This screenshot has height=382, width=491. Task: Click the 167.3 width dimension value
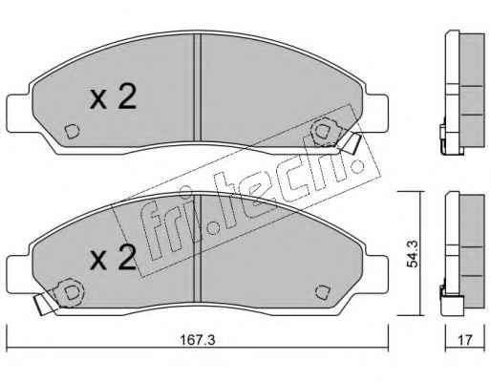click(x=198, y=340)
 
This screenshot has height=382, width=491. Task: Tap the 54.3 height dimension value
click(x=414, y=254)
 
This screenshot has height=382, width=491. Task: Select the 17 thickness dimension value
click(x=465, y=340)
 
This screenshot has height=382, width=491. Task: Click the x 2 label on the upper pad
click(x=113, y=97)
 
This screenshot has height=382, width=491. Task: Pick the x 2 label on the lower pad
click(x=113, y=259)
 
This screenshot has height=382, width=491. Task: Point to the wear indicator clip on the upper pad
click(x=350, y=143)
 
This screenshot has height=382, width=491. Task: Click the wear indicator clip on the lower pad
click(x=44, y=303)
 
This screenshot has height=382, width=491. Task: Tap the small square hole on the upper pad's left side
click(x=72, y=131)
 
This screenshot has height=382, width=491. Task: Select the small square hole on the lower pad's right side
click(x=323, y=292)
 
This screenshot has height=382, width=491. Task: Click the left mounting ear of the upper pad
click(x=19, y=113)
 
